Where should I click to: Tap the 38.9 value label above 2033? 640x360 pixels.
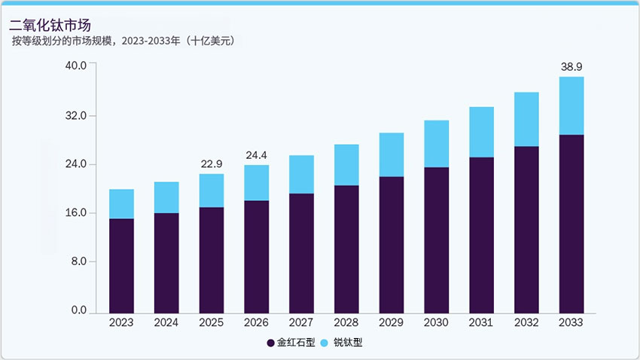point(571,67)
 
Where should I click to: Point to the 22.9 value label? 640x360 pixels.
point(212,163)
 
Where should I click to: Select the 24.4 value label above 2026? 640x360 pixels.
point(256,155)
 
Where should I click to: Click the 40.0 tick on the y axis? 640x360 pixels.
point(78,65)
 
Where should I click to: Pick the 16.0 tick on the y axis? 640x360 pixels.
point(78,213)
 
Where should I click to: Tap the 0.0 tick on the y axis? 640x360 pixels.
point(80,310)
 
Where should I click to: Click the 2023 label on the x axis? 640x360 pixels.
point(121,322)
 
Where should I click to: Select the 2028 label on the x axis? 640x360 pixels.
point(346,322)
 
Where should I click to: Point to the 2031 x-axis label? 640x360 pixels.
point(481,322)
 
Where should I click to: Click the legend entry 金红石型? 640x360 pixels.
point(290,343)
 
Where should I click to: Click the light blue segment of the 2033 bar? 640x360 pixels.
point(571,105)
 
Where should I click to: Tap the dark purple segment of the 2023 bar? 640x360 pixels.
point(121,265)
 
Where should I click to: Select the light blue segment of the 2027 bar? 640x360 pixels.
point(301,174)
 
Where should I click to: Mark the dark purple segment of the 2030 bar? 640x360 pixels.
point(436,239)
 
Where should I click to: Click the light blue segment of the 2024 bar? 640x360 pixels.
point(166,197)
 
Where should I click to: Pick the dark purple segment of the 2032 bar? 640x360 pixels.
point(526,229)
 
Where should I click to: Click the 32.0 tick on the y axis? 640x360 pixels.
point(78,116)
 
